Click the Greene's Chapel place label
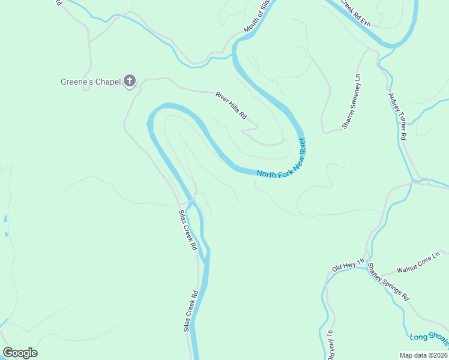pos(90,82)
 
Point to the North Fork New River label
pos(282,159)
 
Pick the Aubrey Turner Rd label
pos(397,116)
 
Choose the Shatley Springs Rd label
pos(388,281)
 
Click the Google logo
pos(20,353)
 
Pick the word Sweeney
pos(351,107)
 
